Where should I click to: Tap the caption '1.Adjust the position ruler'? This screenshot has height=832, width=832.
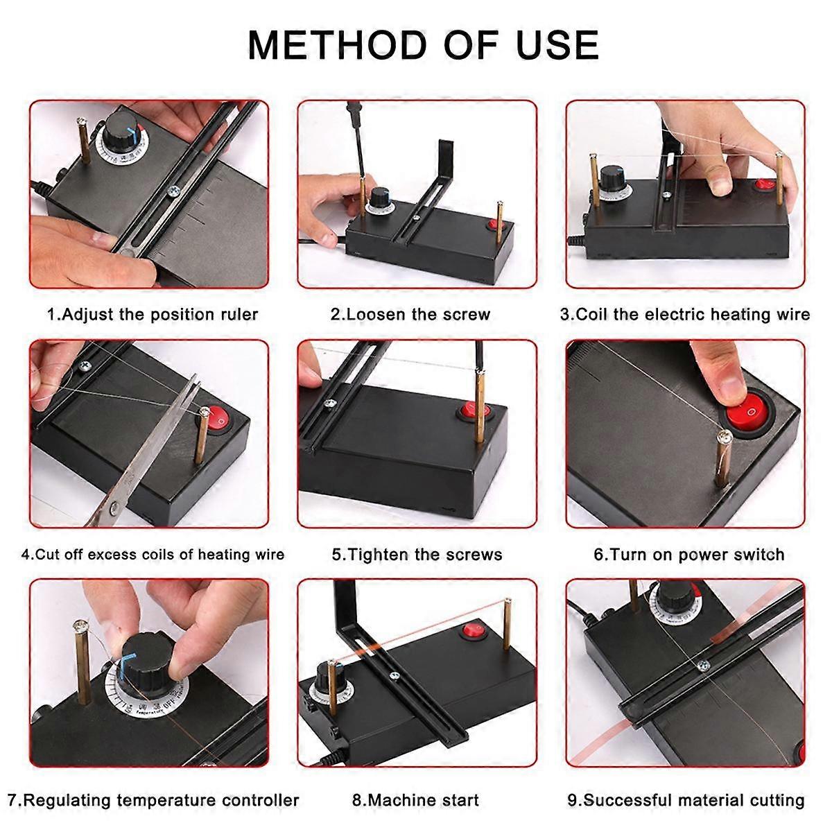(152, 314)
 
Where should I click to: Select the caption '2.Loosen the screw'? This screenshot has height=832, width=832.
(410, 314)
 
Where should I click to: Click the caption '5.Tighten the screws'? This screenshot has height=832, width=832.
(417, 555)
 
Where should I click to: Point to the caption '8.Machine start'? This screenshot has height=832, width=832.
(415, 800)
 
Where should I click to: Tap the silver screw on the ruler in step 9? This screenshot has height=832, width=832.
(703, 666)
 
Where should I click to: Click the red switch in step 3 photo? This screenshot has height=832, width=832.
(763, 184)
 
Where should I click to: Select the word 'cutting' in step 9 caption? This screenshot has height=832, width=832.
(774, 800)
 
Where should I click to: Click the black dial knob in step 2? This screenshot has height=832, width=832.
(379, 200)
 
